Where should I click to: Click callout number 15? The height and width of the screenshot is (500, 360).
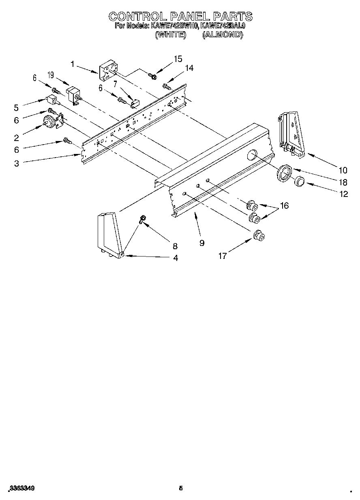pyautogui.click(x=178, y=59)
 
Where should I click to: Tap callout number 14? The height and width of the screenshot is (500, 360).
pyautogui.click(x=189, y=68)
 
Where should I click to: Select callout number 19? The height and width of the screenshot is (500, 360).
pyautogui.click(x=50, y=75)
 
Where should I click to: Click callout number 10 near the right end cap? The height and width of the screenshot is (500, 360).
pyautogui.click(x=343, y=170)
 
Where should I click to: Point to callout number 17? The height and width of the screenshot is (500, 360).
pyautogui.click(x=223, y=256)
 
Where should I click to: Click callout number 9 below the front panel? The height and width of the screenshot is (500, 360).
pyautogui.click(x=201, y=243)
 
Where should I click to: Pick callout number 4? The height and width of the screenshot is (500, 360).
pyautogui.click(x=176, y=258)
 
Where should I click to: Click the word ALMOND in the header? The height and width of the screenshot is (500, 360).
pyautogui.click(x=222, y=35)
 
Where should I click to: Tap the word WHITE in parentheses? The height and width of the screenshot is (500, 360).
pyautogui.click(x=171, y=35)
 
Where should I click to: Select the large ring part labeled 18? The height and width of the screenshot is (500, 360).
pyautogui.click(x=284, y=171)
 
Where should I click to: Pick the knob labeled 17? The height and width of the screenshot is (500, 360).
pyautogui.click(x=258, y=235)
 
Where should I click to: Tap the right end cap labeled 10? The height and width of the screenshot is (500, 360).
pyautogui.click(x=292, y=134)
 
